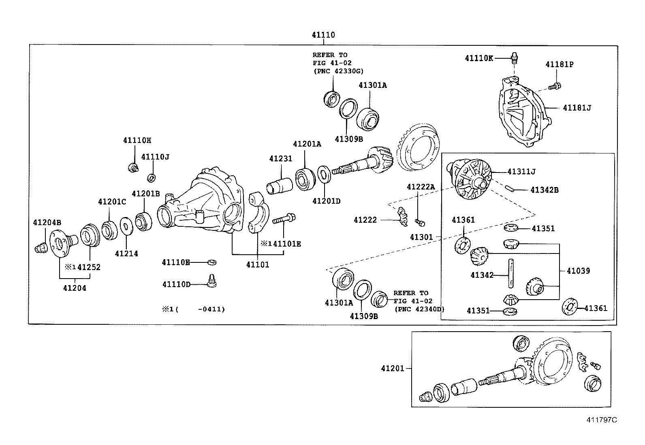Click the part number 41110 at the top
point(323,35)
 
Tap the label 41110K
point(479,58)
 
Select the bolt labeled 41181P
point(555,86)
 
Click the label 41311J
point(521,172)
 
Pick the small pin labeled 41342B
point(509,189)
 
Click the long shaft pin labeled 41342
point(510,273)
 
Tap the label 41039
point(578,271)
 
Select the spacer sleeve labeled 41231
point(279,186)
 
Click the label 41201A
point(307,144)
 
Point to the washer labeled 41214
point(126,226)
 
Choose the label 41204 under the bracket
point(75,288)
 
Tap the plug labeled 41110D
point(212,281)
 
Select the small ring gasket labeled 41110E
point(212,262)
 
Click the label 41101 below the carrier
point(258,264)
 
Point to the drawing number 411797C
point(602,420)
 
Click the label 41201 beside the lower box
point(393,368)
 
